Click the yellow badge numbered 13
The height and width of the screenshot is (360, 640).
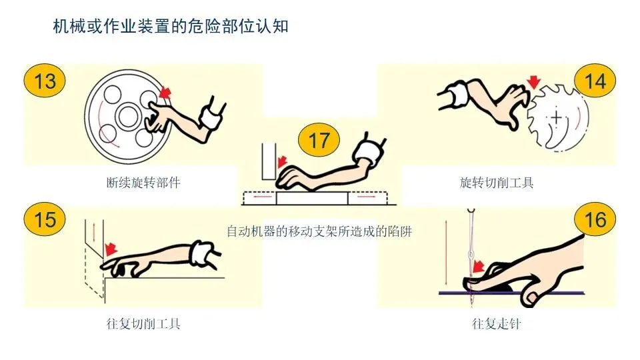point(45,81)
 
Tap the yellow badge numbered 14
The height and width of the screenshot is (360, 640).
point(595,81)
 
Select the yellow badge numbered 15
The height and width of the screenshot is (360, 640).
point(45,219)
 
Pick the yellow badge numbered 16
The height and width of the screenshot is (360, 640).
point(595,219)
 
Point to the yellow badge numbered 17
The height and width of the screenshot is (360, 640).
point(319,141)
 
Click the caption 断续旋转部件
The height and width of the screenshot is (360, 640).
point(143,183)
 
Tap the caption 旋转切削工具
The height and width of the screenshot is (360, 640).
point(497,183)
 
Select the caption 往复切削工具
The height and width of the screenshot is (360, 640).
point(143,324)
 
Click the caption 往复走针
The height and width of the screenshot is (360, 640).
point(497,324)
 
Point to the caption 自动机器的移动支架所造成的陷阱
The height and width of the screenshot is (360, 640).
point(319,232)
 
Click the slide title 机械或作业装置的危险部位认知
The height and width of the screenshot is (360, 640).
point(171,27)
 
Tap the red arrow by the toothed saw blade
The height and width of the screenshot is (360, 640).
point(533,81)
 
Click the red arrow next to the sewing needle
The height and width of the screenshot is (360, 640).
point(478,267)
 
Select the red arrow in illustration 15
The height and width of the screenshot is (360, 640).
point(111,249)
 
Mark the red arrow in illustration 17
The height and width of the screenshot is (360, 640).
point(281,162)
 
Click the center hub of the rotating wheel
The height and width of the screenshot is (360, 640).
point(128,116)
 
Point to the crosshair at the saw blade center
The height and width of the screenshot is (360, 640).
point(556,119)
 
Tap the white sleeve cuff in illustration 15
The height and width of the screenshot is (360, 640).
point(201,252)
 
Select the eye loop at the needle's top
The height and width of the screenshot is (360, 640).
point(471,211)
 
